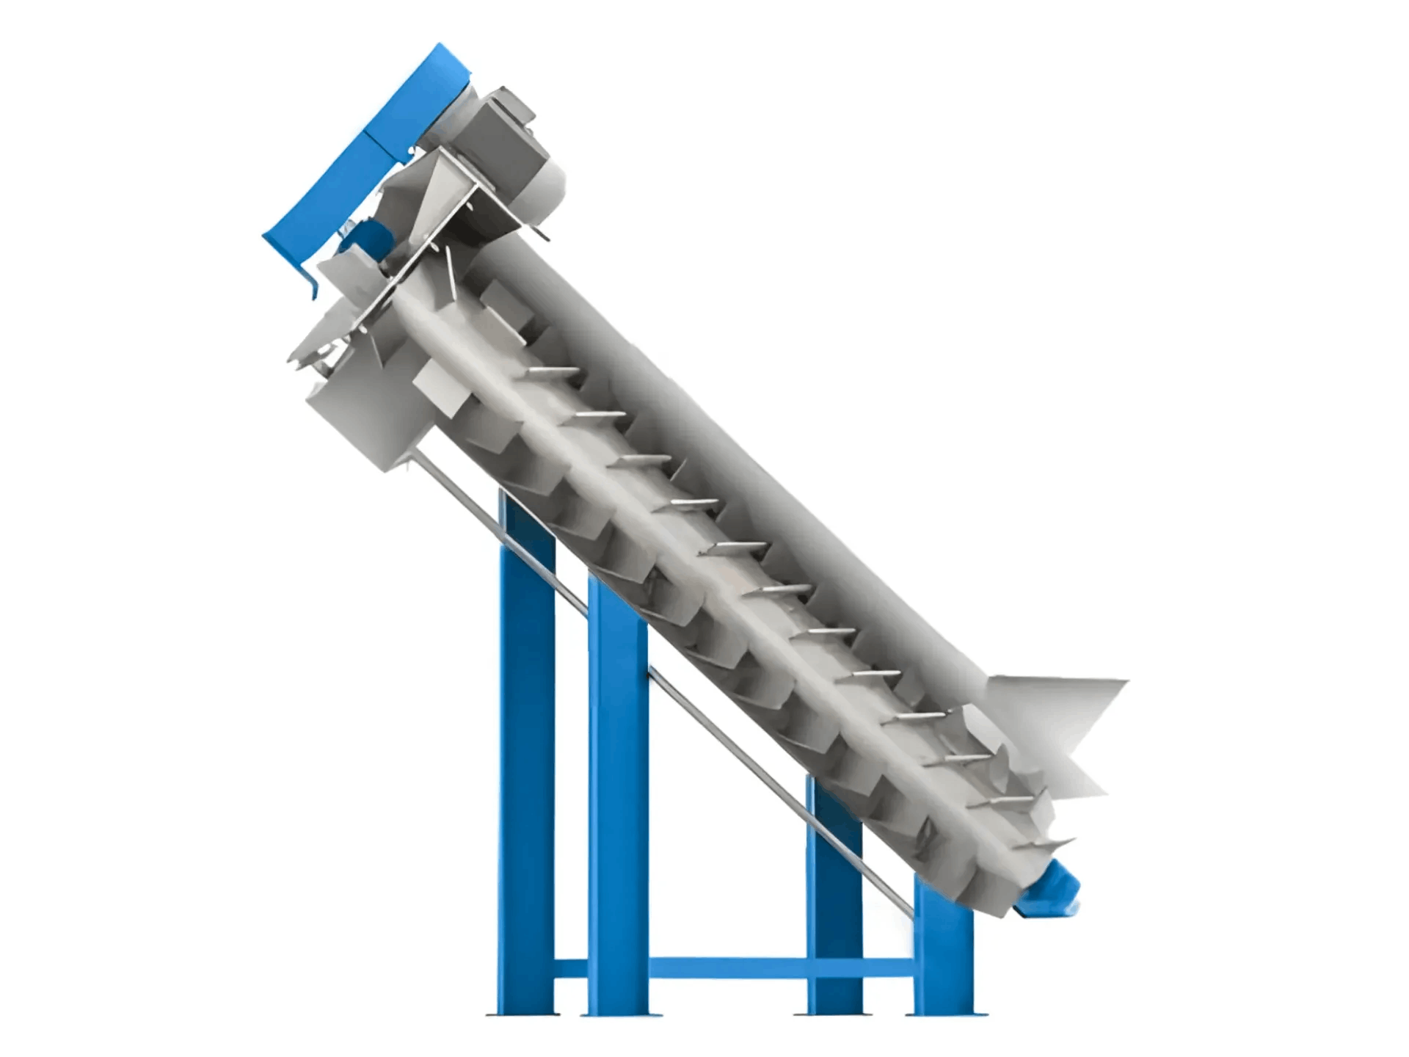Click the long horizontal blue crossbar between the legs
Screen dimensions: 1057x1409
[727, 968]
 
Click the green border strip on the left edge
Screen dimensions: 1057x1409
[67, 528]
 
